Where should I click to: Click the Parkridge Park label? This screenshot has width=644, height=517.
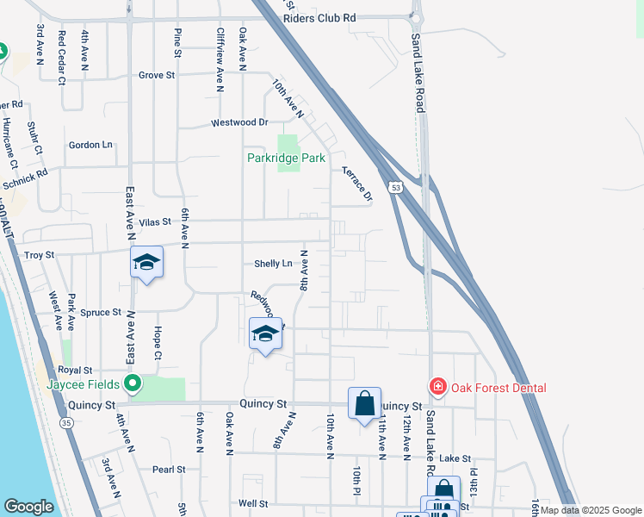point(286,158)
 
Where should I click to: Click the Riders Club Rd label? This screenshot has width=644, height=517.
point(319,17)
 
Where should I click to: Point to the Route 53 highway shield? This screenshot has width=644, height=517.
point(395,186)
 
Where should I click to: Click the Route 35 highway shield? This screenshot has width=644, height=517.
point(66,423)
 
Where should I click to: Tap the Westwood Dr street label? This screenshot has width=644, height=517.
point(240,123)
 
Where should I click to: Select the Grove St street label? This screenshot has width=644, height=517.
point(157,76)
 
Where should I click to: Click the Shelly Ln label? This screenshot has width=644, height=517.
point(273,264)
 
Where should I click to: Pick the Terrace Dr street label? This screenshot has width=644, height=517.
point(356,183)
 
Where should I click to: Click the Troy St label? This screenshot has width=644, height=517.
point(39,255)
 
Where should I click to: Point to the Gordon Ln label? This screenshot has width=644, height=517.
point(91,145)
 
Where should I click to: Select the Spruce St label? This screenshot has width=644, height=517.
point(103,311)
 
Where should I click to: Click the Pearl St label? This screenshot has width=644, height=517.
point(169,470)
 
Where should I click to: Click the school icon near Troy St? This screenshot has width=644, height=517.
point(146,262)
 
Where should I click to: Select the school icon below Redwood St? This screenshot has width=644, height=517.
point(265,333)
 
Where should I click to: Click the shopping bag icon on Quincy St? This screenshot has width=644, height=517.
point(364,402)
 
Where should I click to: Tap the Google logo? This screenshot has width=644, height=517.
point(28,507)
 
